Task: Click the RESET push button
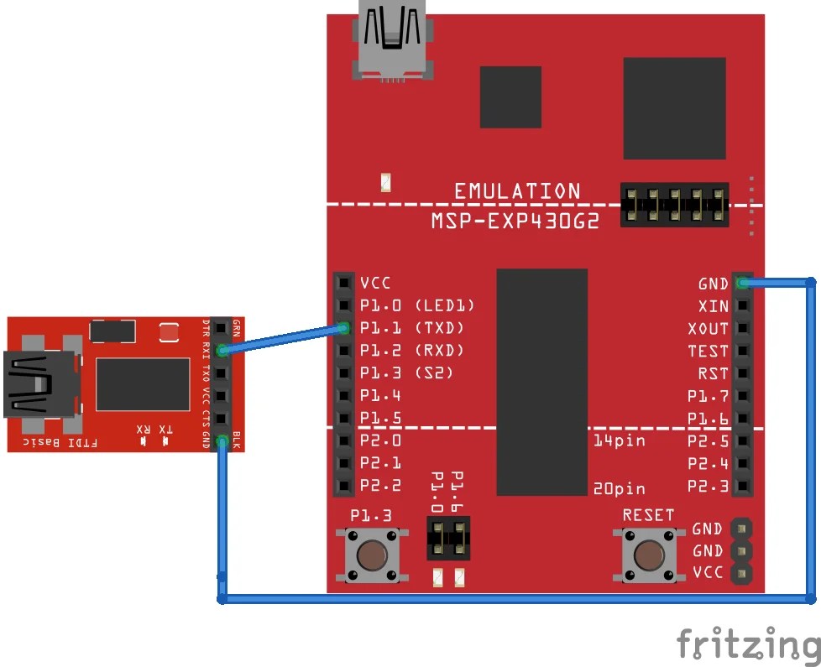click(647, 555)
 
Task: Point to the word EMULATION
click(517, 191)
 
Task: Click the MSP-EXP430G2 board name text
click(515, 221)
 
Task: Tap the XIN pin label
click(713, 306)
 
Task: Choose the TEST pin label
click(709, 351)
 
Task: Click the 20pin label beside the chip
click(618, 487)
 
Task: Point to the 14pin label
click(620, 440)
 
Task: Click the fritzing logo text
click(747, 644)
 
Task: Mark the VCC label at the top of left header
click(375, 283)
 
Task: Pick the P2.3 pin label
click(709, 485)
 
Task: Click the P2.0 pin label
click(380, 440)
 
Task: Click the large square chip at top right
click(674, 108)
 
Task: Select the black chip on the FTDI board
click(143, 383)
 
